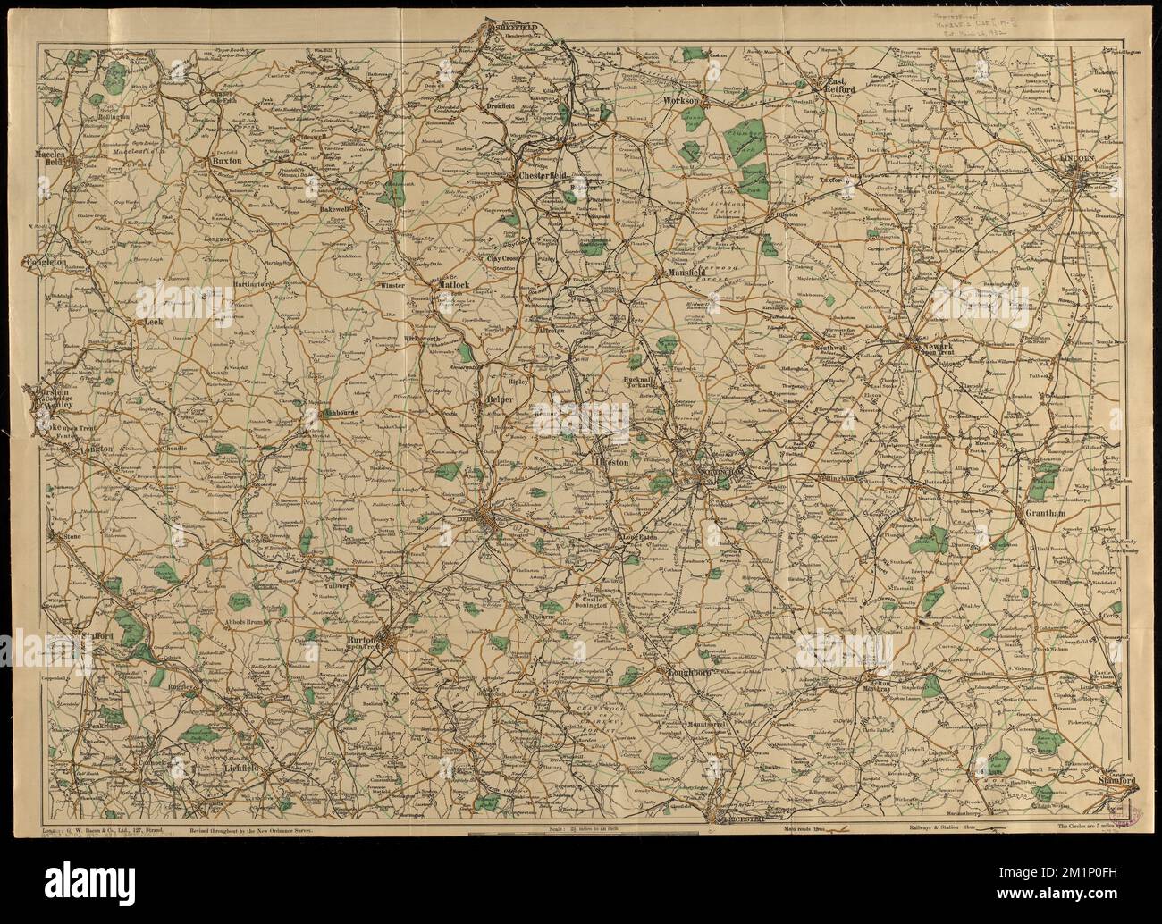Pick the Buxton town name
pos(228,162)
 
